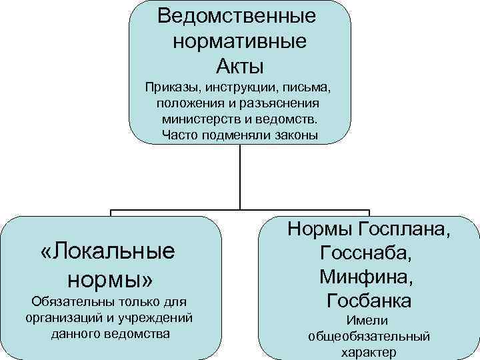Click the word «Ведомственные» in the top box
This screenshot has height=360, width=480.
(237, 15)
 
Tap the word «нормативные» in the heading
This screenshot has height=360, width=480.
(239, 41)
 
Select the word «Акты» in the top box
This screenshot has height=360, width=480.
(240, 66)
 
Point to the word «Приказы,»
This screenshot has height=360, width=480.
(173, 88)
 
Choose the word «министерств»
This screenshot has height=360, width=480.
(199, 120)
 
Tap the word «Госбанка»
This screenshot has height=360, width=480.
(369, 300)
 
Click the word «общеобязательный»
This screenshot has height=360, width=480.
(369, 337)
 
